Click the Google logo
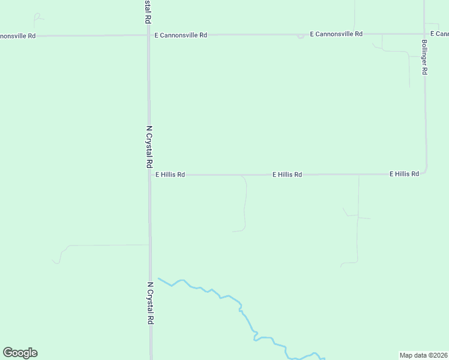coord(20,353)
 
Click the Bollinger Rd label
coord(424,58)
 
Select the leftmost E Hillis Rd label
coord(170,175)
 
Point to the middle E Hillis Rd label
coord(287,175)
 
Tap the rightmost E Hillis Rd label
coord(404,174)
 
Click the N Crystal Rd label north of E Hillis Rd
coord(149,147)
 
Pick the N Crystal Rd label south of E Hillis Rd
coord(149,303)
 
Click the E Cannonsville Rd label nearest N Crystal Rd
coord(181,35)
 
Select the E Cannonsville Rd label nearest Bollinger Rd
coord(336,34)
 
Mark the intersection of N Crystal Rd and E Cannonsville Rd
coord(149,35)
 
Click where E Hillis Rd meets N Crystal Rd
coord(149,175)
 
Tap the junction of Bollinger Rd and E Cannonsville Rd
coord(425,34)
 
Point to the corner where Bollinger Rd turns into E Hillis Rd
coord(426,171)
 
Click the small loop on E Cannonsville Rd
coord(300,36)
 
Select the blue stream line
coord(240,303)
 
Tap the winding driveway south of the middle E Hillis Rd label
coord(245,204)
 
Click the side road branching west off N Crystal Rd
coord(102,245)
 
